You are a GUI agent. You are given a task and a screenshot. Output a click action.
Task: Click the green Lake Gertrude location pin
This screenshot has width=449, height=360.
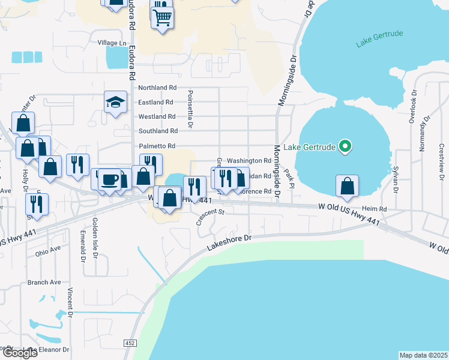coord(345,146)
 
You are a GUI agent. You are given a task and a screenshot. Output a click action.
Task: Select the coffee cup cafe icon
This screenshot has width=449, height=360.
coord(109,179)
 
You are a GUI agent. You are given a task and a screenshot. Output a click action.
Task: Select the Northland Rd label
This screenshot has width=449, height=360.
coord(158,88)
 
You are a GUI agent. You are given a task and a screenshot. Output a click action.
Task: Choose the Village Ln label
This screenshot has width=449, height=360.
coord(113,43)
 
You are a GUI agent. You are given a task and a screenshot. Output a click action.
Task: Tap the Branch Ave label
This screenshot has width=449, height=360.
coord(44,282)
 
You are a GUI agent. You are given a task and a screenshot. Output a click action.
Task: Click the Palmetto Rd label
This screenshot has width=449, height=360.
coord(158,146)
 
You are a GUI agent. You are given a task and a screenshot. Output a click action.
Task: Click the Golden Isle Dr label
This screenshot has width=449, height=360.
coord(95,238)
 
